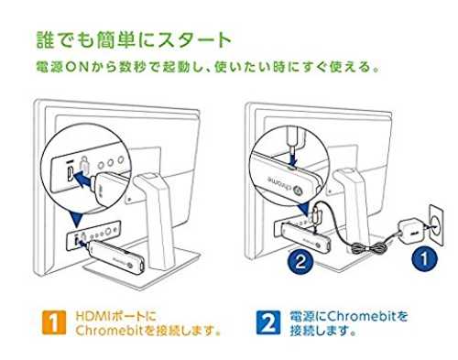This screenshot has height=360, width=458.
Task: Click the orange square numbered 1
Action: coord(54,322)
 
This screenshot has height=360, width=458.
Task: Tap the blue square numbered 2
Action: coord(268,322)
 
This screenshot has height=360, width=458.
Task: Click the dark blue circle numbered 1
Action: coord(424,259)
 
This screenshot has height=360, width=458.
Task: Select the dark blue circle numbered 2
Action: coord(300,262)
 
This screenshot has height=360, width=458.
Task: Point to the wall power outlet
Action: coord(436,225)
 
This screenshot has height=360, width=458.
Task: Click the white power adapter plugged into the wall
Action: coord(410,232)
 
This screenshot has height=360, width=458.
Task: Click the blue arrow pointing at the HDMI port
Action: coord(83,179)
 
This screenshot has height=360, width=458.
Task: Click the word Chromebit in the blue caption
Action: coord(363,316)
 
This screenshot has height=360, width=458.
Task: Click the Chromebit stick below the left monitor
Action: coord(115,256)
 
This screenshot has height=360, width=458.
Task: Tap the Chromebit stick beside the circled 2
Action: coord(306,237)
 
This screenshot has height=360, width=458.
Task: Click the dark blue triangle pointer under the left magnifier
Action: coord(76,219)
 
